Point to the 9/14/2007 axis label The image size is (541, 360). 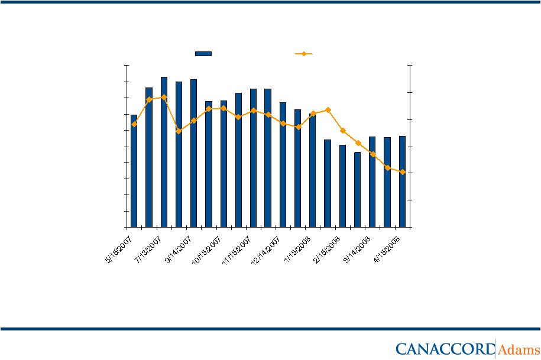click(179, 247)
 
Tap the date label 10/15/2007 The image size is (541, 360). click(206, 248)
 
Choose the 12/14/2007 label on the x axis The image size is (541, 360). click(266, 248)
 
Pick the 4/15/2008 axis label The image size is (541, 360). click(388, 247)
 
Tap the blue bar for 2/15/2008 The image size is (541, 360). click(328, 183)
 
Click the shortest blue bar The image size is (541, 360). click(357, 189)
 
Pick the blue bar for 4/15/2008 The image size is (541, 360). click(402, 181)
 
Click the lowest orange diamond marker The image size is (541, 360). click(402, 172)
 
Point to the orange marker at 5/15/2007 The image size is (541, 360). click(134, 124)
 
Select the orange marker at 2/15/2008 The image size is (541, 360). click(328, 110)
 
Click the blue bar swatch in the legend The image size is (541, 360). click(203, 53)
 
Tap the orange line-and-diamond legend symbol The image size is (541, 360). click(303, 53)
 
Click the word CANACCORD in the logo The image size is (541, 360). click(444, 349)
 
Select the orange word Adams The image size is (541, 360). click(519, 349)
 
